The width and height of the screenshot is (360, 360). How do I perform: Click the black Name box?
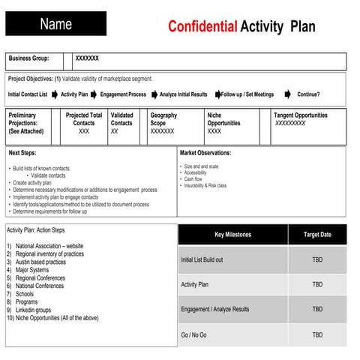click(55, 24)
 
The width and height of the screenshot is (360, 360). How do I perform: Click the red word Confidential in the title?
click(202, 27)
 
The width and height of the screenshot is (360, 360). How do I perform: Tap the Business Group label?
click(28, 58)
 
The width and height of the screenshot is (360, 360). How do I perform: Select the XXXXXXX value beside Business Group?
click(87, 58)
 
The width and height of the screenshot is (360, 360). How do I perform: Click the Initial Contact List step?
click(28, 94)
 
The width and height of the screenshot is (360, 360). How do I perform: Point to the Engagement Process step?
click(124, 94)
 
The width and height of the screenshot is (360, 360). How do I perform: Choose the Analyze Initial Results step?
click(184, 94)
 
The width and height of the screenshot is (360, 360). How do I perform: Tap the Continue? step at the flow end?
click(308, 94)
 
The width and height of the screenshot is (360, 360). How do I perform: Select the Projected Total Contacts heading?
click(84, 119)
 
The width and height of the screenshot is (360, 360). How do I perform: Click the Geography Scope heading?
click(163, 119)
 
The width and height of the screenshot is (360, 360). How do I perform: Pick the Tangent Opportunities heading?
click(300, 115)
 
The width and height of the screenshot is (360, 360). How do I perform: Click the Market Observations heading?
click(205, 153)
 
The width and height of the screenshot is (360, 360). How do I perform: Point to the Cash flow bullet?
click(193, 179)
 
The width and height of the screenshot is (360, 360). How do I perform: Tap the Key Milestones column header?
click(232, 235)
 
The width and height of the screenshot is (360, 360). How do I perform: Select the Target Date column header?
click(317, 235)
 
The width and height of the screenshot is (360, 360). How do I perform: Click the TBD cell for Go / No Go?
click(317, 334)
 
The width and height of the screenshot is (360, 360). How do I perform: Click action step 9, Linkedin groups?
click(31, 310)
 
